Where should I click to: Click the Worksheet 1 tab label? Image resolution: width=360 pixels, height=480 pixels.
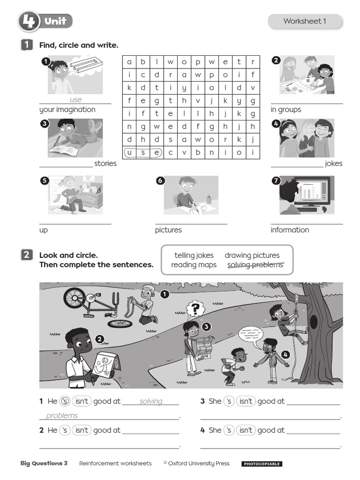[305, 21]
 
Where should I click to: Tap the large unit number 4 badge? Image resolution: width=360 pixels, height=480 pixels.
[29, 22]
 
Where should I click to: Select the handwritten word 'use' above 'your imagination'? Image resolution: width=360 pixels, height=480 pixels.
[75, 99]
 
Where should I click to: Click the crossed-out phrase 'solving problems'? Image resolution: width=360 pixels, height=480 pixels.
[255, 265]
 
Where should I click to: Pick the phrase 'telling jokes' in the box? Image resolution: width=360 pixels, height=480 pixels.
[194, 255]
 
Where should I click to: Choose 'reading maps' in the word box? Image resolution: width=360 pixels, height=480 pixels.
[194, 265]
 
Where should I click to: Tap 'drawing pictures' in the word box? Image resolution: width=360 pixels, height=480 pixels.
[252, 255]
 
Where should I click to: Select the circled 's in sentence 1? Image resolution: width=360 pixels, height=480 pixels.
[65, 401]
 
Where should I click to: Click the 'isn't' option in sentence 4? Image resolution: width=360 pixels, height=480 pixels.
[246, 430]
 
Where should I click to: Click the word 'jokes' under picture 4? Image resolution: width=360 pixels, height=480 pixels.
[333, 164]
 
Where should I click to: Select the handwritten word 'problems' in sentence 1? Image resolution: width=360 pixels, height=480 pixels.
[62, 415]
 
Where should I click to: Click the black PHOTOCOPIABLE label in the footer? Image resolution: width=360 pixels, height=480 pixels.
[262, 464]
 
